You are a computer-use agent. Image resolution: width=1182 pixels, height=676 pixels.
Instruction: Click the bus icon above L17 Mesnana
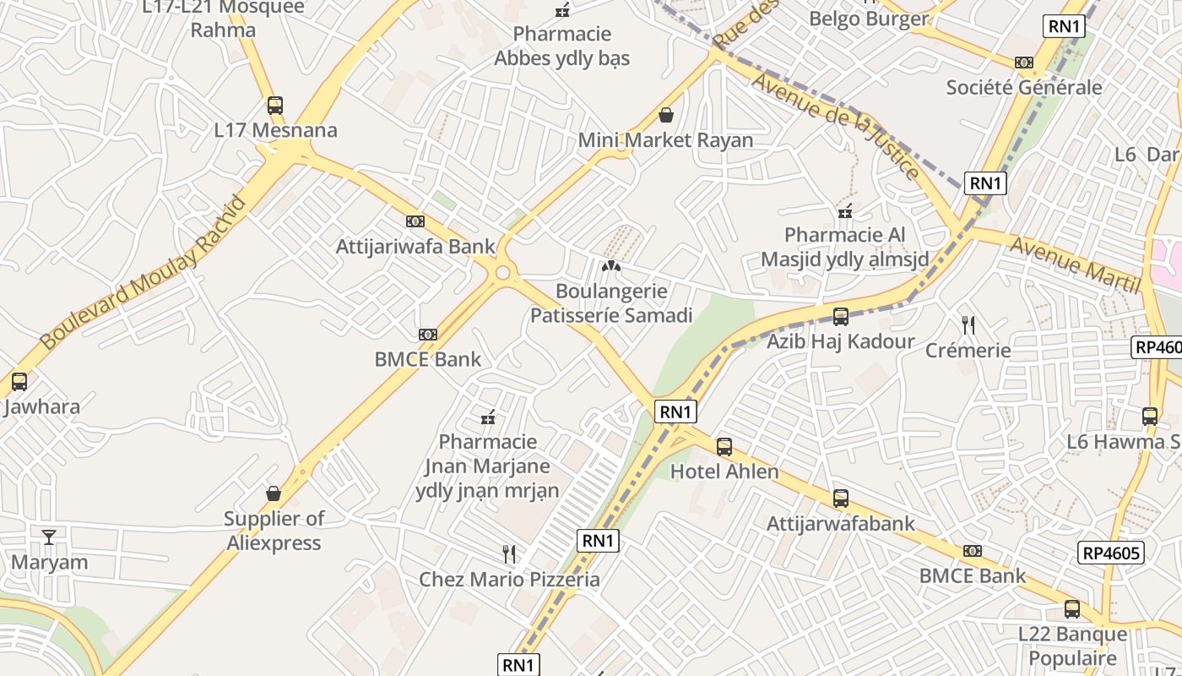click(274, 106)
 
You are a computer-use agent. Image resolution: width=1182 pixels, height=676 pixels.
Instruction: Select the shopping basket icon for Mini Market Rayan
click(666, 115)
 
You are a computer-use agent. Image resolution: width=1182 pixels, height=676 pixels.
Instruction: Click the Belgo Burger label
click(868, 19)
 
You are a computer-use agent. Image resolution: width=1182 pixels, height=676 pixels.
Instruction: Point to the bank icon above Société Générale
click(1023, 63)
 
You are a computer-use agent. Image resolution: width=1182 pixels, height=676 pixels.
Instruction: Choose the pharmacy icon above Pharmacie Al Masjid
click(844, 211)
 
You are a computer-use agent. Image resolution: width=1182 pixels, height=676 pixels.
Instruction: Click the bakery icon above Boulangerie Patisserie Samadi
click(610, 266)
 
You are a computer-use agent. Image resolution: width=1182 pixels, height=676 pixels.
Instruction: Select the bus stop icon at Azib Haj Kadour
click(840, 317)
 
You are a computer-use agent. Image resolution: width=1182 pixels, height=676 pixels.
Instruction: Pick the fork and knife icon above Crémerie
click(968, 324)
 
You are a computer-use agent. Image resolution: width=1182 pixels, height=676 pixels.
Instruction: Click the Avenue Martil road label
click(1074, 264)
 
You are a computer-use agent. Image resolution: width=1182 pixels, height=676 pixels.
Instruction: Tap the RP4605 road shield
click(1112, 553)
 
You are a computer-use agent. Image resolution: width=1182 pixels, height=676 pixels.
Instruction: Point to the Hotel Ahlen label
click(724, 472)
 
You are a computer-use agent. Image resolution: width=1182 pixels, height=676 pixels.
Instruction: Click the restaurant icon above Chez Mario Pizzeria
click(508, 554)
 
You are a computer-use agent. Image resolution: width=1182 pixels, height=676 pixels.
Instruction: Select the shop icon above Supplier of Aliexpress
click(274, 493)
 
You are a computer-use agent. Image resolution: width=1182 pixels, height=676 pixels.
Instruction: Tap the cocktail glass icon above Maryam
click(49, 537)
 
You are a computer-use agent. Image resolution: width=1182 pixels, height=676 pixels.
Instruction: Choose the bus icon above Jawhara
click(19, 381)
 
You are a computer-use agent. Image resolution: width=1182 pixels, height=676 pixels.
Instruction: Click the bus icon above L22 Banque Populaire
click(1071, 608)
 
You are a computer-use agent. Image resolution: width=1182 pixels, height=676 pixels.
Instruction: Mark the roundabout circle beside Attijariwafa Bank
click(503, 272)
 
